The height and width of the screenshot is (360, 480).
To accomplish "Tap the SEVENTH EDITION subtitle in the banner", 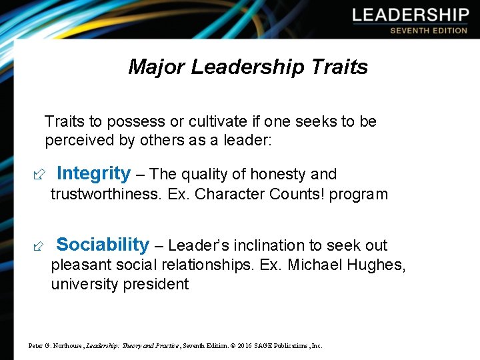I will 429,31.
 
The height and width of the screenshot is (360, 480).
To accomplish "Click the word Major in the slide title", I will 157,67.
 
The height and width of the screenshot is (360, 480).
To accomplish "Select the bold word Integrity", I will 94,174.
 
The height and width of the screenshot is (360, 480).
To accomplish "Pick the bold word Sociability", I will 103,245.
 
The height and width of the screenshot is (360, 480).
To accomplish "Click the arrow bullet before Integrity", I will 37,175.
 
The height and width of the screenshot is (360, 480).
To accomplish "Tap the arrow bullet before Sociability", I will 37,246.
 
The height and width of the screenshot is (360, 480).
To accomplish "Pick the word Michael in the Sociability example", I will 317,265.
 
